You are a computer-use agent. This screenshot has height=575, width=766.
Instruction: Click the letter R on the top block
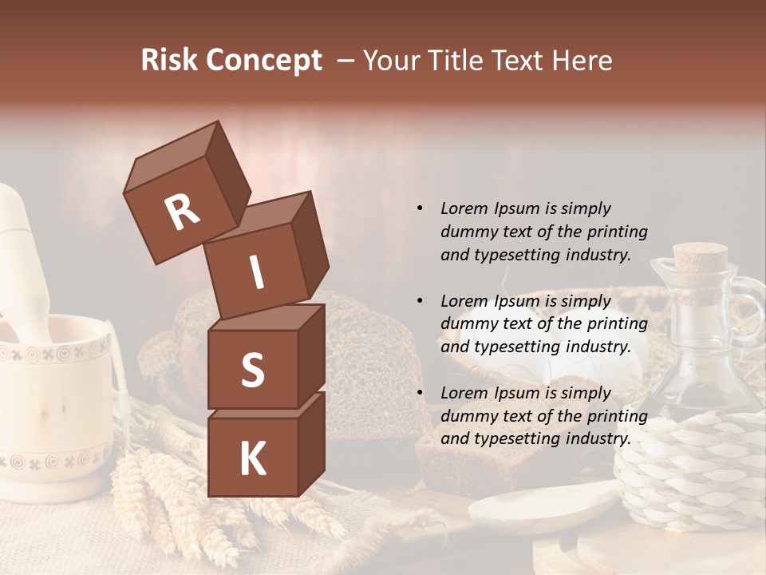183,213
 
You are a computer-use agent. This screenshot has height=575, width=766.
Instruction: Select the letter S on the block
252,370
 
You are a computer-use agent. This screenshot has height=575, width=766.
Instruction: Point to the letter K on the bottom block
252,459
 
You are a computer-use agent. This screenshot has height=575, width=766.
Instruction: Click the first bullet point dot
420,208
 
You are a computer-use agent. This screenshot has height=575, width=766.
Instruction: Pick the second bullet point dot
420,301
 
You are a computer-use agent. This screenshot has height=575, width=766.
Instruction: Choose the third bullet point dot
420,393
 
